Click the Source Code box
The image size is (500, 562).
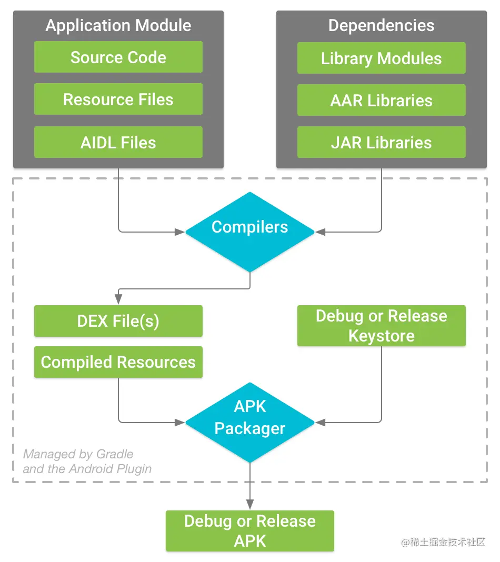pos(118,57)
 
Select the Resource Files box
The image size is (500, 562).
pos(118,99)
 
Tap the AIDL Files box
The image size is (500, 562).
pos(118,142)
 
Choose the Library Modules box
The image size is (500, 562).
pos(381,58)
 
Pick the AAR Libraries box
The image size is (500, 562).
pos(381,100)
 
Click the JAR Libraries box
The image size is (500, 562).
pos(381,142)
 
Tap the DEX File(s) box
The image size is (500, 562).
pos(118,321)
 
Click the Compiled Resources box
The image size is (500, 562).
pos(118,362)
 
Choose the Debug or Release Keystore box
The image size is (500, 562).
pos(381,326)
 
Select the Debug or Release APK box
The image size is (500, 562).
pos(249,531)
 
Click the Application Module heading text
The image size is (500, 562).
pos(118,25)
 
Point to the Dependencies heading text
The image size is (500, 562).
pos(381,25)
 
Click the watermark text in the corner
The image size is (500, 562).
pos(443,543)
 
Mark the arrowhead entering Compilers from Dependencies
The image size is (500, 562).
pos(319,232)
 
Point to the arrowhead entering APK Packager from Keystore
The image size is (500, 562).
pos(319,422)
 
